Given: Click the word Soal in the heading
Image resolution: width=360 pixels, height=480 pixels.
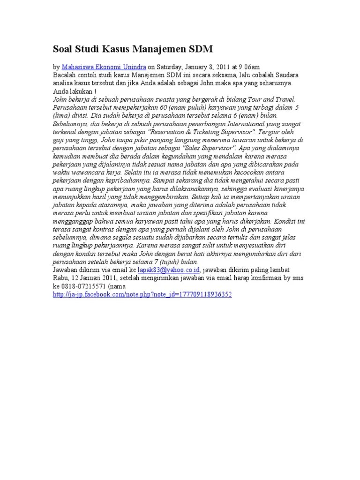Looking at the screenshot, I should [63, 49].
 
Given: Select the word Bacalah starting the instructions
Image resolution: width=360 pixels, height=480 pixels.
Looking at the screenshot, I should [64, 75].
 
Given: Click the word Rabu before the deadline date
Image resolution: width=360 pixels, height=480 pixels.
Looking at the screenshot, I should [60, 277].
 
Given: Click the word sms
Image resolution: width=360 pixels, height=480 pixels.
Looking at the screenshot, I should [298, 277].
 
